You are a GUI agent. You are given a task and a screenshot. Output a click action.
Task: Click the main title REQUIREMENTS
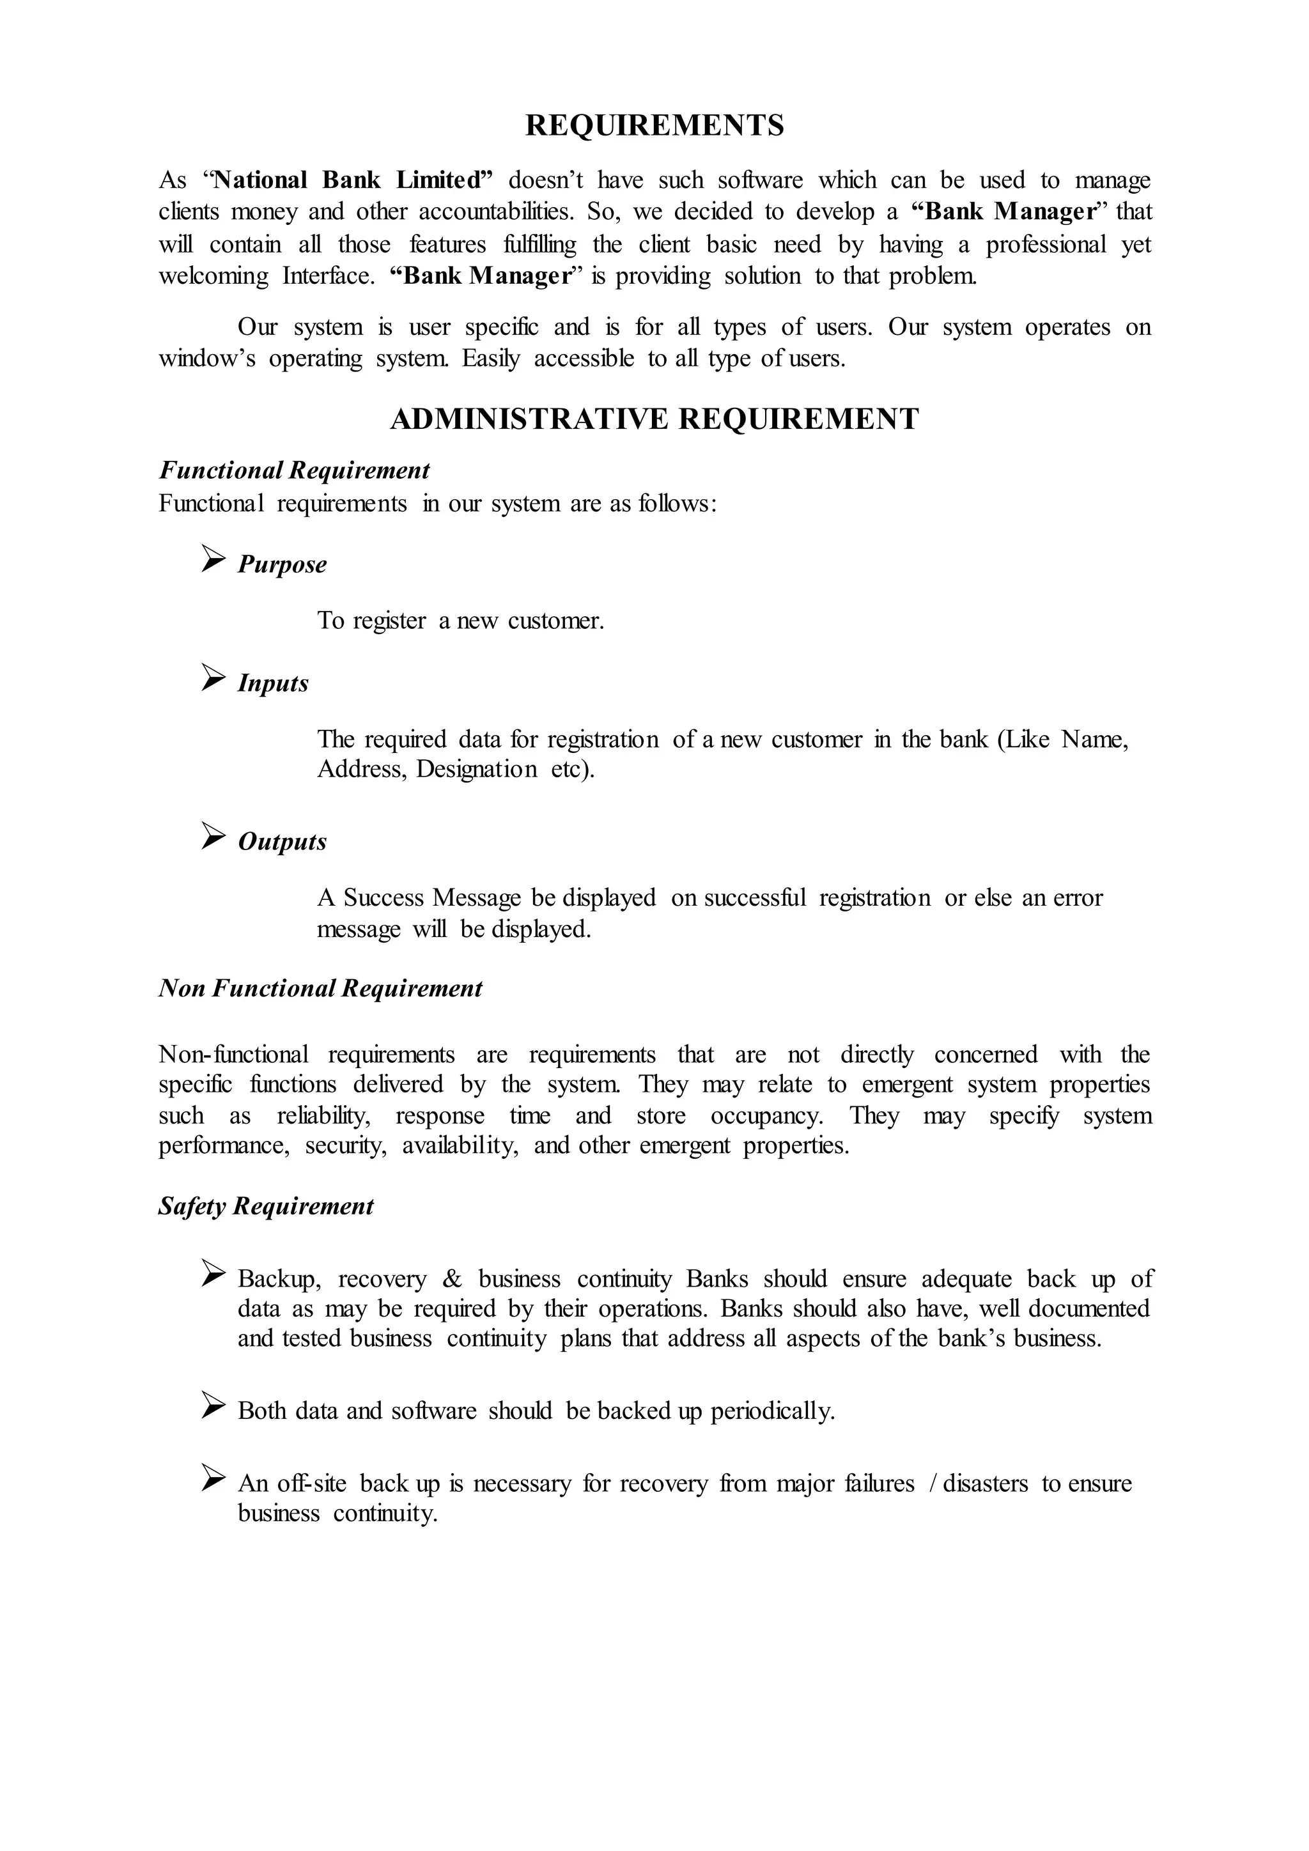pos(654,126)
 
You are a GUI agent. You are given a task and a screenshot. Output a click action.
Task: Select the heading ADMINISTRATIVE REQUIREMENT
pos(654,419)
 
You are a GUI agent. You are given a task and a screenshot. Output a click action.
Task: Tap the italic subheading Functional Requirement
pos(294,470)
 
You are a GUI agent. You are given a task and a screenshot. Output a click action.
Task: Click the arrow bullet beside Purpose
pos(213,559)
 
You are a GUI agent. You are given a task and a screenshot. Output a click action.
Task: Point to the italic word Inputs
pos(274,684)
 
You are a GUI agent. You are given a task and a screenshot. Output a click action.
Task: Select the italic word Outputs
pos(282,842)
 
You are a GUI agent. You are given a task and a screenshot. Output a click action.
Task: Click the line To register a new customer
pos(460,621)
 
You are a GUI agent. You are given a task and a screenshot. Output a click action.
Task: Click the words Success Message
pos(432,898)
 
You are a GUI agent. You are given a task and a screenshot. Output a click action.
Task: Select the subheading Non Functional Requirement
pos(320,989)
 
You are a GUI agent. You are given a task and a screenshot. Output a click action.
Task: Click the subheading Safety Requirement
pos(266,1207)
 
